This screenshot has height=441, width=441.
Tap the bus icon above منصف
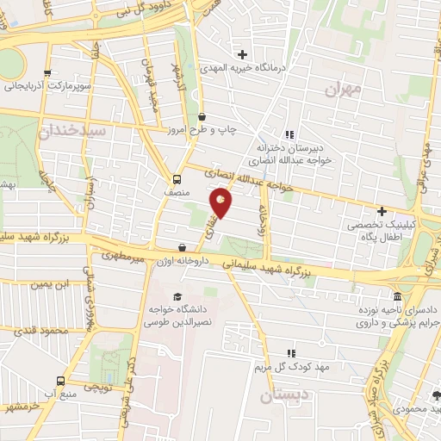[x=177, y=180]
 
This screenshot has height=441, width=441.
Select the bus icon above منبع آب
[x=60, y=381]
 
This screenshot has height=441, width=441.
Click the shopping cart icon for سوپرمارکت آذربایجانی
[x=48, y=74]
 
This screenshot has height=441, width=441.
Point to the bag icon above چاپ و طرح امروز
[x=202, y=117]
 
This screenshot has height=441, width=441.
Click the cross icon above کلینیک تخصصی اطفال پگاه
[x=382, y=210]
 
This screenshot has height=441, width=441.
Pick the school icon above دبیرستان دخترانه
[x=289, y=134]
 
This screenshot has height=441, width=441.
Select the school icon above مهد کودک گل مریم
[x=290, y=352]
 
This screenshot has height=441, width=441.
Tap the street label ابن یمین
[x=48, y=285]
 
